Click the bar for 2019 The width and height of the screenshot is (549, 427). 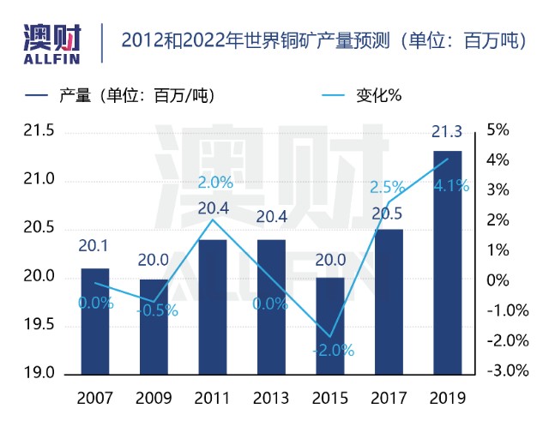(x=448, y=262)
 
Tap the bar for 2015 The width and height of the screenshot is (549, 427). (x=330, y=326)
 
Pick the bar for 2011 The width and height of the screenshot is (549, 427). (x=213, y=307)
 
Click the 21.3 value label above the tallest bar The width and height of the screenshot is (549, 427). (x=447, y=132)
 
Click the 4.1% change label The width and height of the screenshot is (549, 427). (x=451, y=185)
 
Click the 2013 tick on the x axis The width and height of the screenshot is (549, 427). (x=271, y=399)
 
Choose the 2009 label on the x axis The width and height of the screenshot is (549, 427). (x=154, y=399)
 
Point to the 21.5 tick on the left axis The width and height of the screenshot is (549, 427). (x=38, y=131)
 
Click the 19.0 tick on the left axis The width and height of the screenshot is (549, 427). (x=38, y=375)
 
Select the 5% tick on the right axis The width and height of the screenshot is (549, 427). (x=498, y=131)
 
